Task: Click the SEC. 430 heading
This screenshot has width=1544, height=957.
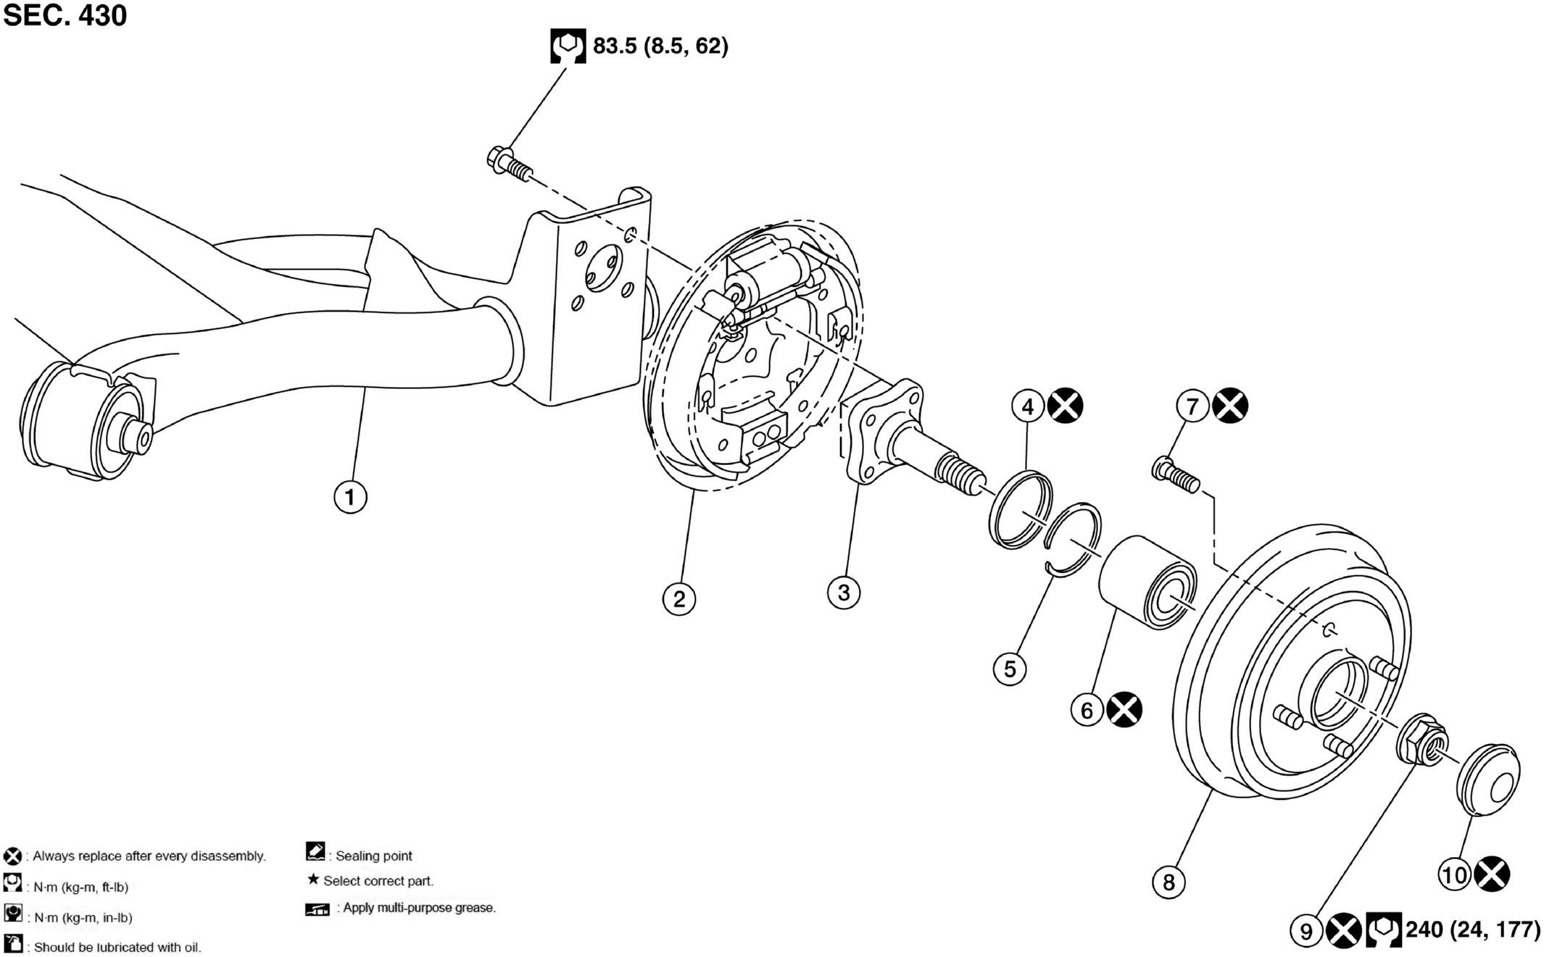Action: coord(65,15)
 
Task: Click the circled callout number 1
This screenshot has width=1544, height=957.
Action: coord(350,498)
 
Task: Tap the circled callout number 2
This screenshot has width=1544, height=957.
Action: coord(679,599)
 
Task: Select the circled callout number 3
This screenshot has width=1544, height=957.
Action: coord(844,593)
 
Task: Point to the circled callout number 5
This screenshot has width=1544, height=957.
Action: coord(1010,669)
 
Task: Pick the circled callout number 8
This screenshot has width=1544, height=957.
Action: coord(1169,882)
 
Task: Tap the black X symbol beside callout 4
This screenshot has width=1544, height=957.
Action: coord(1066,406)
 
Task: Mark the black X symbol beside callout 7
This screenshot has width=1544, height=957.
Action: coord(1231,406)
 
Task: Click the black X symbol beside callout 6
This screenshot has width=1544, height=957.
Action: coord(1124,710)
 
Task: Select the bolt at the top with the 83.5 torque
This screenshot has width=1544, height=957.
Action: coord(510,164)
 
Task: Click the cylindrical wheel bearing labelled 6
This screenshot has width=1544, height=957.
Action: coord(1147,581)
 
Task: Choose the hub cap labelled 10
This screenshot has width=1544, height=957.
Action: coord(1488,779)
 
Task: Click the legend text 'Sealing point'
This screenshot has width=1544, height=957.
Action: coord(374,856)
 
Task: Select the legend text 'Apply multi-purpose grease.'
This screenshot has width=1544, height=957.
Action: coord(420,908)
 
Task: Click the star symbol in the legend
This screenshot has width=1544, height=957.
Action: coord(313,879)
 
